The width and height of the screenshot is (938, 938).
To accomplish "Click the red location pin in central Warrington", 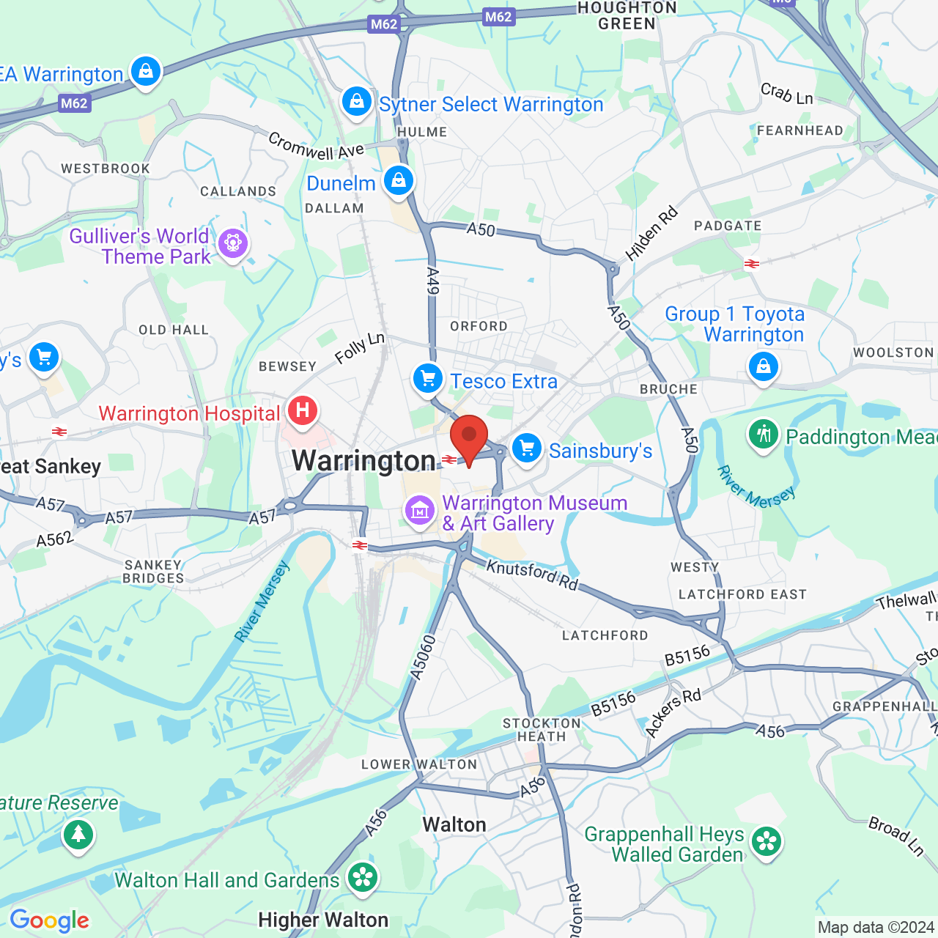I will pos(469,437).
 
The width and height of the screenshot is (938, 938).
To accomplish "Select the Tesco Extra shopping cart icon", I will pos(428,379).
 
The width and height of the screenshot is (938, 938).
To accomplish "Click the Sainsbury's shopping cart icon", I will pos(526,448).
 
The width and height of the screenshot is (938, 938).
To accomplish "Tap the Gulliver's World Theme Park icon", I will pos(233,243).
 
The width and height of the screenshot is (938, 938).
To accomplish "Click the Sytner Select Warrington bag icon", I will pos(357,100).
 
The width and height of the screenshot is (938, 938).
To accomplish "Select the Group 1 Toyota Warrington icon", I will pos(763,364).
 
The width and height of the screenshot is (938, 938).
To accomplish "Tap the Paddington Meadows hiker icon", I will pos(763,435).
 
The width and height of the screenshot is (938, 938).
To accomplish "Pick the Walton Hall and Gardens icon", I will pos(362,877).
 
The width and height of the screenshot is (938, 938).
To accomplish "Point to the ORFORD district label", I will pos(479,326).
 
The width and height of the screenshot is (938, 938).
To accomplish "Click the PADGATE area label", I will pos(728,226).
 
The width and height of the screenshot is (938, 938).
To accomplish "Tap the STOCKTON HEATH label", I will pos(542,730).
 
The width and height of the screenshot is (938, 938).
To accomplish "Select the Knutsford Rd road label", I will pos(532,575).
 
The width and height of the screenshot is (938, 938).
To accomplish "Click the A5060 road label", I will pos(423,658).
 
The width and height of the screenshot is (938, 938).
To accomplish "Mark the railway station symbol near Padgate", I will pos(751,264).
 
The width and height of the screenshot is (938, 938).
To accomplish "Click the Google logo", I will pos(50,920).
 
